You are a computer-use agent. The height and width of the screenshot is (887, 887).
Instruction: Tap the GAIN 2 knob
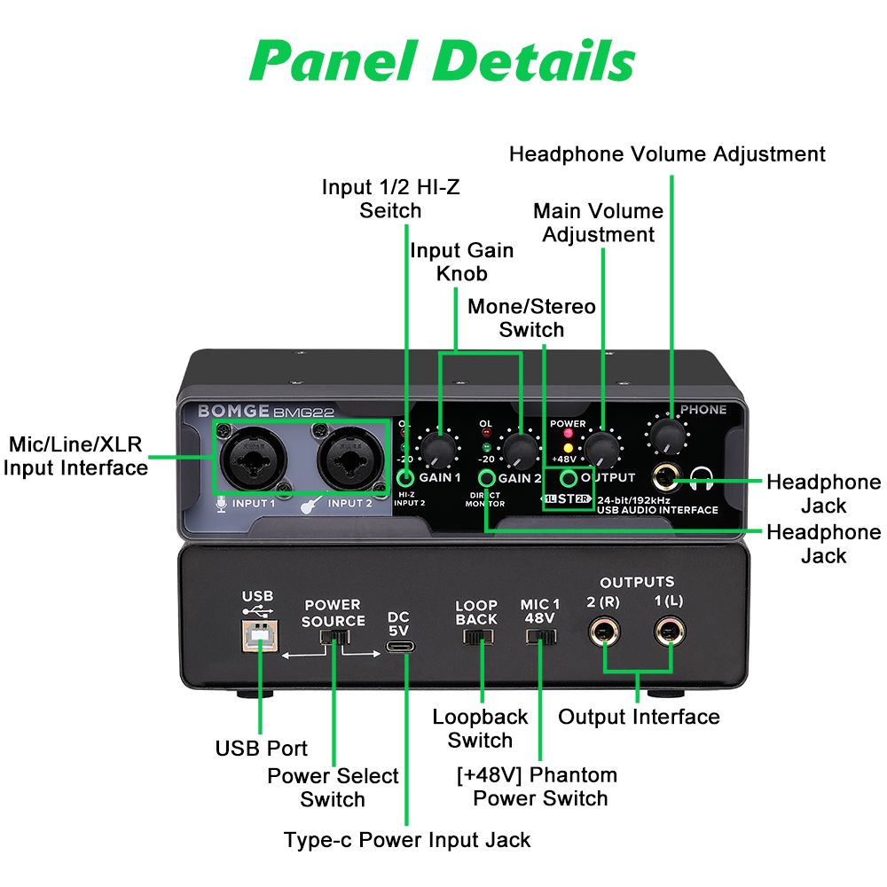(x=518, y=451)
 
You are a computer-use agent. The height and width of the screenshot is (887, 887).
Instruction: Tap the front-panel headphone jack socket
(x=665, y=480)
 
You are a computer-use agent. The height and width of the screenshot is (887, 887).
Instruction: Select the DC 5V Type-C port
(x=399, y=648)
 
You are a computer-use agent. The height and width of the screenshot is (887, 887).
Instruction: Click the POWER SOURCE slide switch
(x=334, y=637)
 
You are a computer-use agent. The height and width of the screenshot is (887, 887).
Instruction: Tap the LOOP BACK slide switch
(x=479, y=636)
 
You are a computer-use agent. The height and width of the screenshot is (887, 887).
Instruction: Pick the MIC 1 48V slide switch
(x=540, y=636)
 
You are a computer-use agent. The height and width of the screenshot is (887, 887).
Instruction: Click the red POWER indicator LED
(x=567, y=435)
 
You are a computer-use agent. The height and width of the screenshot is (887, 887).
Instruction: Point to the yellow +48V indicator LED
(x=567, y=447)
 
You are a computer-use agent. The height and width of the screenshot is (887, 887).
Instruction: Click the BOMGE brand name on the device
(x=222, y=412)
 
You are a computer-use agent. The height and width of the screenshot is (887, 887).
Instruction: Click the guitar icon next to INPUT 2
(x=311, y=505)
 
